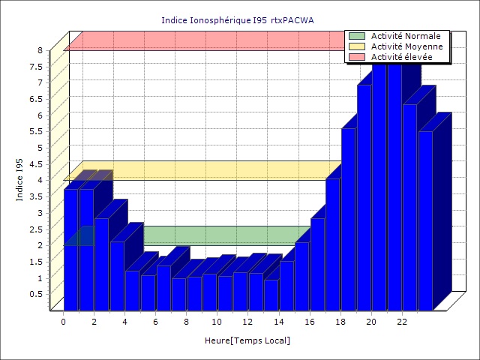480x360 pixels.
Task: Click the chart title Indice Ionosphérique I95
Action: pos(238,19)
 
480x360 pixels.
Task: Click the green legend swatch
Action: pos(357,36)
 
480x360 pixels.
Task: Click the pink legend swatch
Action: pos(357,57)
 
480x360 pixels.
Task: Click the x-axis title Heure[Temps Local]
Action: pos(247,340)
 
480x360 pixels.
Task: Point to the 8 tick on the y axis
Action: pos(42,50)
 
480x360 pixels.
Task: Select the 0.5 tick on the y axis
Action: pos(37,294)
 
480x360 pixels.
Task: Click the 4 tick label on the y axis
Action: pos(42,180)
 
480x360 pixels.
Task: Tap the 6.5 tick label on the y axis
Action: pos(37,99)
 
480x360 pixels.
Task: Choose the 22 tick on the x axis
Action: pos(402,322)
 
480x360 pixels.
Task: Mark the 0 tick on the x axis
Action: pos(64,322)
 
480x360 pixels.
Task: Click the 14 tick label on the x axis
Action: pos(279,322)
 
